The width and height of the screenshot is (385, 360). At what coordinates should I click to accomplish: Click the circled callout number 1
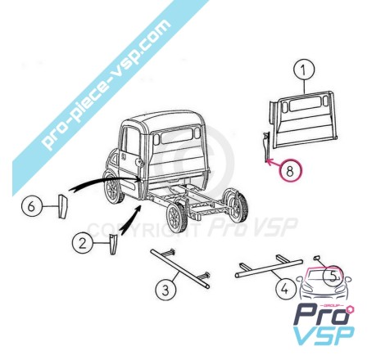304,70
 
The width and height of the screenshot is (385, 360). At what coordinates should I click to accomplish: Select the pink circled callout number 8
290,170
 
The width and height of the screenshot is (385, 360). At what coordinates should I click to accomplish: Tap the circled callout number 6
32,206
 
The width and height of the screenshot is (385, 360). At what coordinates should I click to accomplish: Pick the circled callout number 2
83,243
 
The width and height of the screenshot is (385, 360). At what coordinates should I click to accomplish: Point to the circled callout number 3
166,290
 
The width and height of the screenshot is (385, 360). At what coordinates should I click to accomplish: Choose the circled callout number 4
286,288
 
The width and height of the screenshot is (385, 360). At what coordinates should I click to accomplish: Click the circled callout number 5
333,277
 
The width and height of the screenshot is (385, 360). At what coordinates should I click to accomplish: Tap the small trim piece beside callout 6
63,206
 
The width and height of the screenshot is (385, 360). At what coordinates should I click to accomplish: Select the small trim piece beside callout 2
113,244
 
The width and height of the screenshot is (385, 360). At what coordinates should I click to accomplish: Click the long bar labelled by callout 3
180,268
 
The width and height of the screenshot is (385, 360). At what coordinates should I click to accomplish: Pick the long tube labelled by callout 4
269,268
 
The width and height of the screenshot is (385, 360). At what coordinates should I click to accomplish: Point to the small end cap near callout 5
316,257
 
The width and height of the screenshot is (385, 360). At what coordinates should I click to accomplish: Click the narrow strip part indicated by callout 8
266,146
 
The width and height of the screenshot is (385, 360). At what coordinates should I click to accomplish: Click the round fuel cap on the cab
139,163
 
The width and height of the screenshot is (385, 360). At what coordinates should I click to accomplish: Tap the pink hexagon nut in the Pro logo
350,310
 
